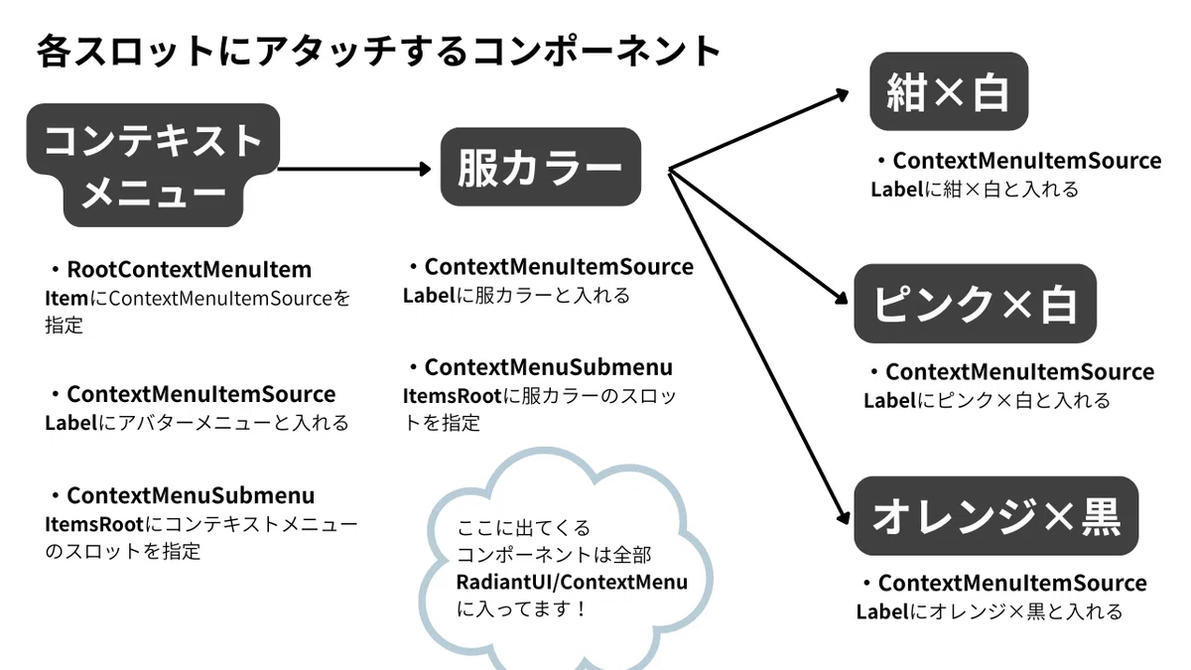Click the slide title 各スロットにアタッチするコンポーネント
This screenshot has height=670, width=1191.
pos(378,52)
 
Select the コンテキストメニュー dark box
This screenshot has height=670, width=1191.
pos(153,165)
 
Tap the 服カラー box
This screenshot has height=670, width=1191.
pos(541,167)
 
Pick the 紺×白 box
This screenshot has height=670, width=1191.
pos(949,91)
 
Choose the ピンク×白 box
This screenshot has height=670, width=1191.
pos(975,303)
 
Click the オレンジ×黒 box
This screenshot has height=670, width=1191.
pos(995,516)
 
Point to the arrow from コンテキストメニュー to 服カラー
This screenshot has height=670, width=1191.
pos(354,169)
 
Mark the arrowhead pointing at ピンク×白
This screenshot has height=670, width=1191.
pos(842,299)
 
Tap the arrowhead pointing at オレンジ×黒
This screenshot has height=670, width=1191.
pos(844,517)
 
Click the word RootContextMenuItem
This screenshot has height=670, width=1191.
pos(190,269)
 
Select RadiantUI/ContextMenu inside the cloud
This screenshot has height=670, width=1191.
pos(572,583)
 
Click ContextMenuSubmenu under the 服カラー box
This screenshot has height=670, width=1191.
pos(549,367)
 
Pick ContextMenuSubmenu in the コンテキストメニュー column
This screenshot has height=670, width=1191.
pos(191,495)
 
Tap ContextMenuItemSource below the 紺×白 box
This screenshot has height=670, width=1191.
pos(1027,161)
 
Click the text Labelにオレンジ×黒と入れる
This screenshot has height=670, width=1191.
pos(990,611)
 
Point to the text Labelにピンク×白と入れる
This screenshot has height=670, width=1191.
pos(987,400)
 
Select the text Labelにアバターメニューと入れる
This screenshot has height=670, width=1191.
pos(197,423)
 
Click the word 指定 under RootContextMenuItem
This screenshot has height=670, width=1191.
pos(64,325)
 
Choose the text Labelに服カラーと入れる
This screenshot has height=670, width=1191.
pos(516,296)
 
